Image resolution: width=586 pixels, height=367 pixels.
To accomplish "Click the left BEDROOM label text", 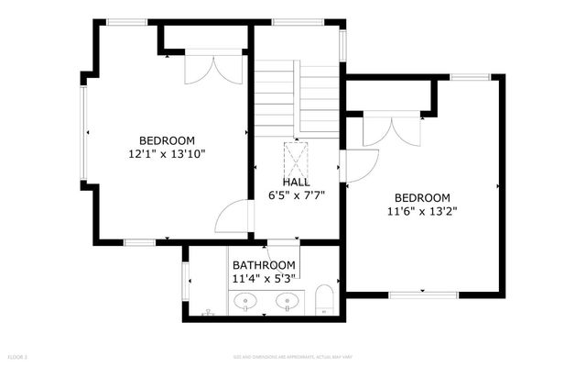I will pyautogui.click(x=167, y=140).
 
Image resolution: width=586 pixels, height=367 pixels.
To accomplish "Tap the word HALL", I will pyautogui.click(x=296, y=183).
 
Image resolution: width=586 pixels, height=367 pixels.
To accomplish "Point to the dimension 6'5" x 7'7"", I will pyautogui.click(x=296, y=195).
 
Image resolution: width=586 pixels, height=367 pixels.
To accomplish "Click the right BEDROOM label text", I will pyautogui.click(x=422, y=197).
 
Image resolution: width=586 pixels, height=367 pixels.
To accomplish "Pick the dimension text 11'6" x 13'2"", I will pyautogui.click(x=422, y=211).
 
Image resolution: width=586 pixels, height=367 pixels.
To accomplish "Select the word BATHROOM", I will pyautogui.click(x=264, y=265).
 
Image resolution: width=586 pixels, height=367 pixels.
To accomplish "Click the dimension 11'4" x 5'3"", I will pyautogui.click(x=264, y=278).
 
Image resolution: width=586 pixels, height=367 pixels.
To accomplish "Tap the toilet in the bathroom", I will pyautogui.click(x=322, y=300).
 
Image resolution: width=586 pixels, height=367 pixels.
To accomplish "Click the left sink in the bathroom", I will pyautogui.click(x=245, y=300).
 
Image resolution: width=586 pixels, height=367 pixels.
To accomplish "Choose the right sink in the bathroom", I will pyautogui.click(x=289, y=300).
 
